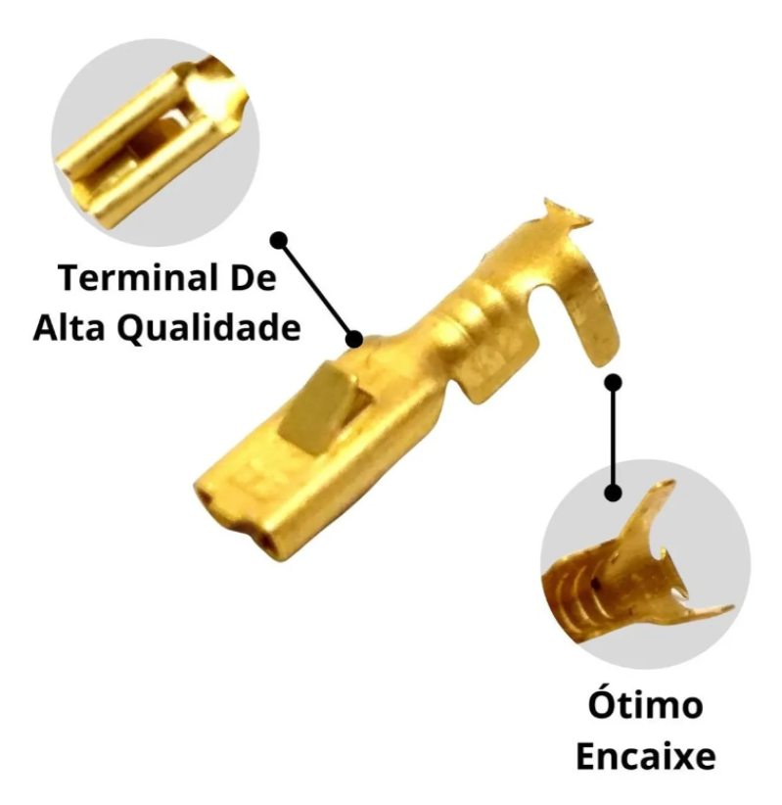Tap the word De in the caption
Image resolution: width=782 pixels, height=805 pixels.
256,280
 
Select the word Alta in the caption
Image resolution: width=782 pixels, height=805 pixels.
70,328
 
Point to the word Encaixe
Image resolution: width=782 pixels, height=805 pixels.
645,757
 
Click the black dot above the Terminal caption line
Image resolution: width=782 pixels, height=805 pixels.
279,238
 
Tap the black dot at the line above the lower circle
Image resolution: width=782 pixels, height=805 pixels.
614,492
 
